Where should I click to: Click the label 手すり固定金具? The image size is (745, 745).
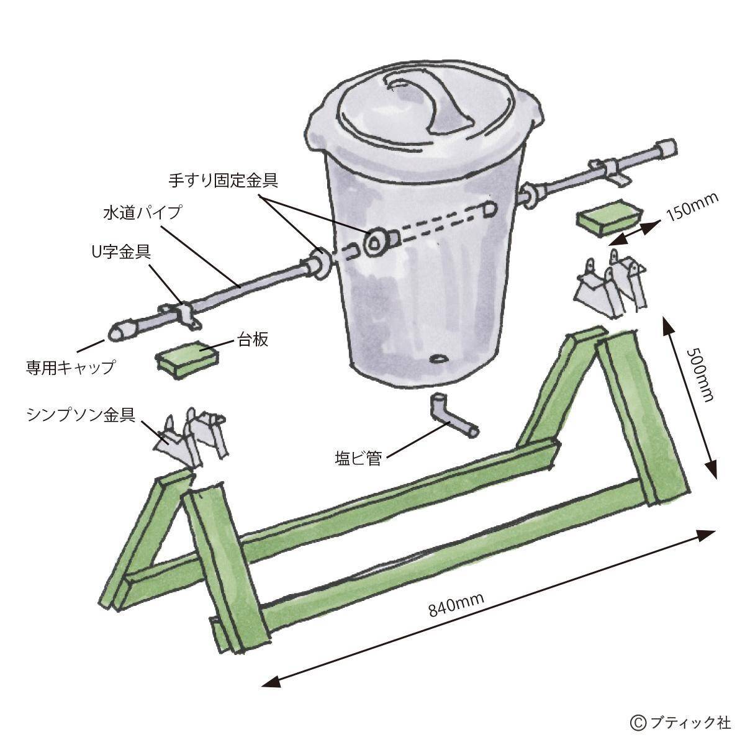point(223,181)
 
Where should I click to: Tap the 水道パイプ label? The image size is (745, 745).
point(142,213)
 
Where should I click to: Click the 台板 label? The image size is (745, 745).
point(253,340)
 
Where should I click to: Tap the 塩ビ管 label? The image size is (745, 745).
point(358,459)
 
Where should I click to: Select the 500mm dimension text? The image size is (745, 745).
point(700,374)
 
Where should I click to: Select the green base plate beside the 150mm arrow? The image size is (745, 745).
point(610,217)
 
